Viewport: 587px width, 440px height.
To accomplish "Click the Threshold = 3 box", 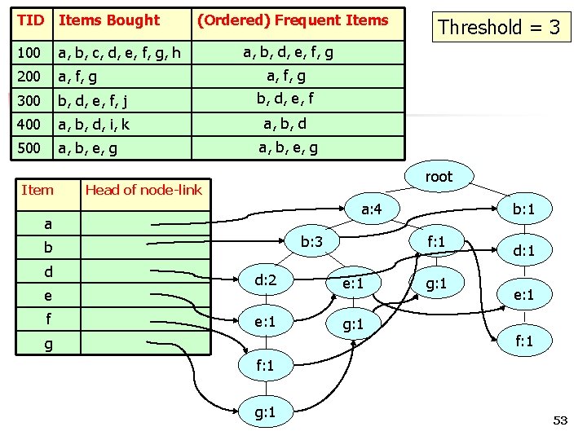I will tap(499, 28).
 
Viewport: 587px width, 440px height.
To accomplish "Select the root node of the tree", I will tap(438, 176).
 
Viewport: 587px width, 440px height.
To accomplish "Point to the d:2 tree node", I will tap(267, 281).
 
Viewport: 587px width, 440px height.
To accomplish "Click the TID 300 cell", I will tap(29, 101).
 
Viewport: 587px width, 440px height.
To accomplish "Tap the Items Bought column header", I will tap(110, 20).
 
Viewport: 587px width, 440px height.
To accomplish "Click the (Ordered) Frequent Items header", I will tap(292, 20).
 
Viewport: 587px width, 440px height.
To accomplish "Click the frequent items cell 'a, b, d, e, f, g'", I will tap(288, 53).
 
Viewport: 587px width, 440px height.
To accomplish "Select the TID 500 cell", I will tap(29, 148).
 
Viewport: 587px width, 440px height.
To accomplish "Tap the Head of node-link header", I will tap(143, 190).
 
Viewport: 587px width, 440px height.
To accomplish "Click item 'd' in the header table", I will tap(48, 271).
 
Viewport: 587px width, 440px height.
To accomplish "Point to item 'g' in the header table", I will tap(48, 344).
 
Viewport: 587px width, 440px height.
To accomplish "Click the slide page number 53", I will tap(559, 420).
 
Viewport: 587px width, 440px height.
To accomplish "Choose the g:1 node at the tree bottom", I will tap(265, 411).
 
